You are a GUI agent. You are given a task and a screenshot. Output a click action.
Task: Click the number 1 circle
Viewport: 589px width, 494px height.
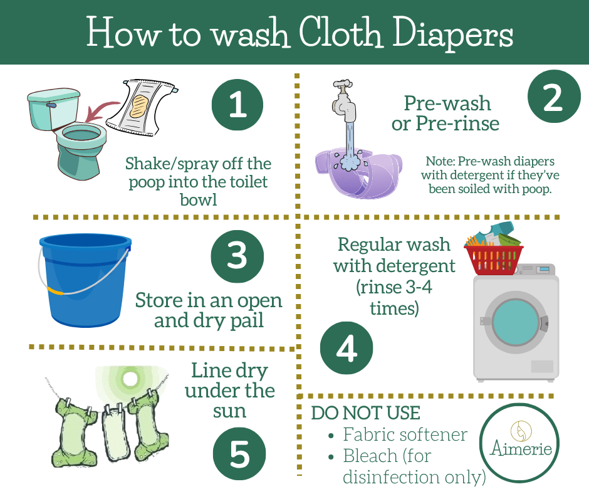pos(237,105)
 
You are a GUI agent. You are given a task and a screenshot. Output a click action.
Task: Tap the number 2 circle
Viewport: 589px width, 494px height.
pos(554,97)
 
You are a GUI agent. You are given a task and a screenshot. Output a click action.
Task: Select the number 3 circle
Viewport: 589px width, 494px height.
pos(237,256)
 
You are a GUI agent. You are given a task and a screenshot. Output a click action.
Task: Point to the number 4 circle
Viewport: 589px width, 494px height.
pos(347,348)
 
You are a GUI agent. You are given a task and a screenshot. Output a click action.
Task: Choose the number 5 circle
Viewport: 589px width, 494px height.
pos(239,454)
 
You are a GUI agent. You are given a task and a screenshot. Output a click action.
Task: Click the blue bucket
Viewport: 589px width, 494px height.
pos(85,280)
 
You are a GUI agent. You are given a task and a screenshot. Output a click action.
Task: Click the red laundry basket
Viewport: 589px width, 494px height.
pos(494,260)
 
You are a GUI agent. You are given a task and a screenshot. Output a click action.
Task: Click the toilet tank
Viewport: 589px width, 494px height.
pos(54,109)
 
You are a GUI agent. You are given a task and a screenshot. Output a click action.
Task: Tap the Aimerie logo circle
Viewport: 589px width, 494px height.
pos(519,443)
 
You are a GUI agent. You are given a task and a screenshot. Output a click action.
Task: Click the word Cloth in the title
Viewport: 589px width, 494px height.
pos(341,33)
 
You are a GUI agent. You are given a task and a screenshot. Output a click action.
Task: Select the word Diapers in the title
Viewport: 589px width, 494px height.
pos(453,35)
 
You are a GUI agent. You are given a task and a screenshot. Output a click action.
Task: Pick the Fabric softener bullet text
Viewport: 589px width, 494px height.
pos(405,434)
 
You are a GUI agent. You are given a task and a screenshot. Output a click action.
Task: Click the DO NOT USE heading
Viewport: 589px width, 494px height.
pos(365,413)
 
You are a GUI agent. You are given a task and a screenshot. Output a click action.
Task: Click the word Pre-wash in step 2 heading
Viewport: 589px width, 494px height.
pos(447,103)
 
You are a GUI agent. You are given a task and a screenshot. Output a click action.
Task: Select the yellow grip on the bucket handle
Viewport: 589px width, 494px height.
pos(55,291)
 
